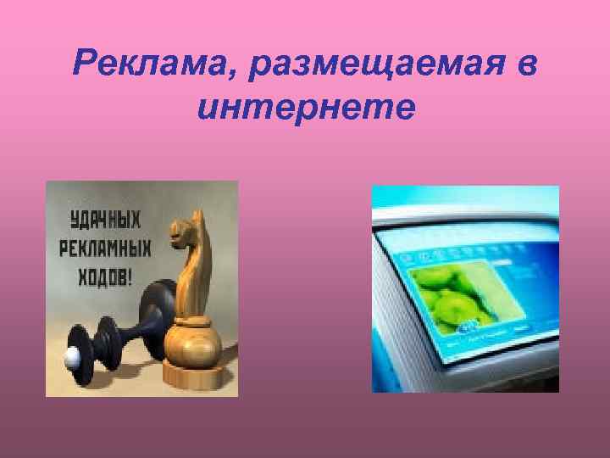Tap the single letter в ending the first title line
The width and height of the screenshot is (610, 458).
526,64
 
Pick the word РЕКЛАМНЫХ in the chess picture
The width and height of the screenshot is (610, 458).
104,250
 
